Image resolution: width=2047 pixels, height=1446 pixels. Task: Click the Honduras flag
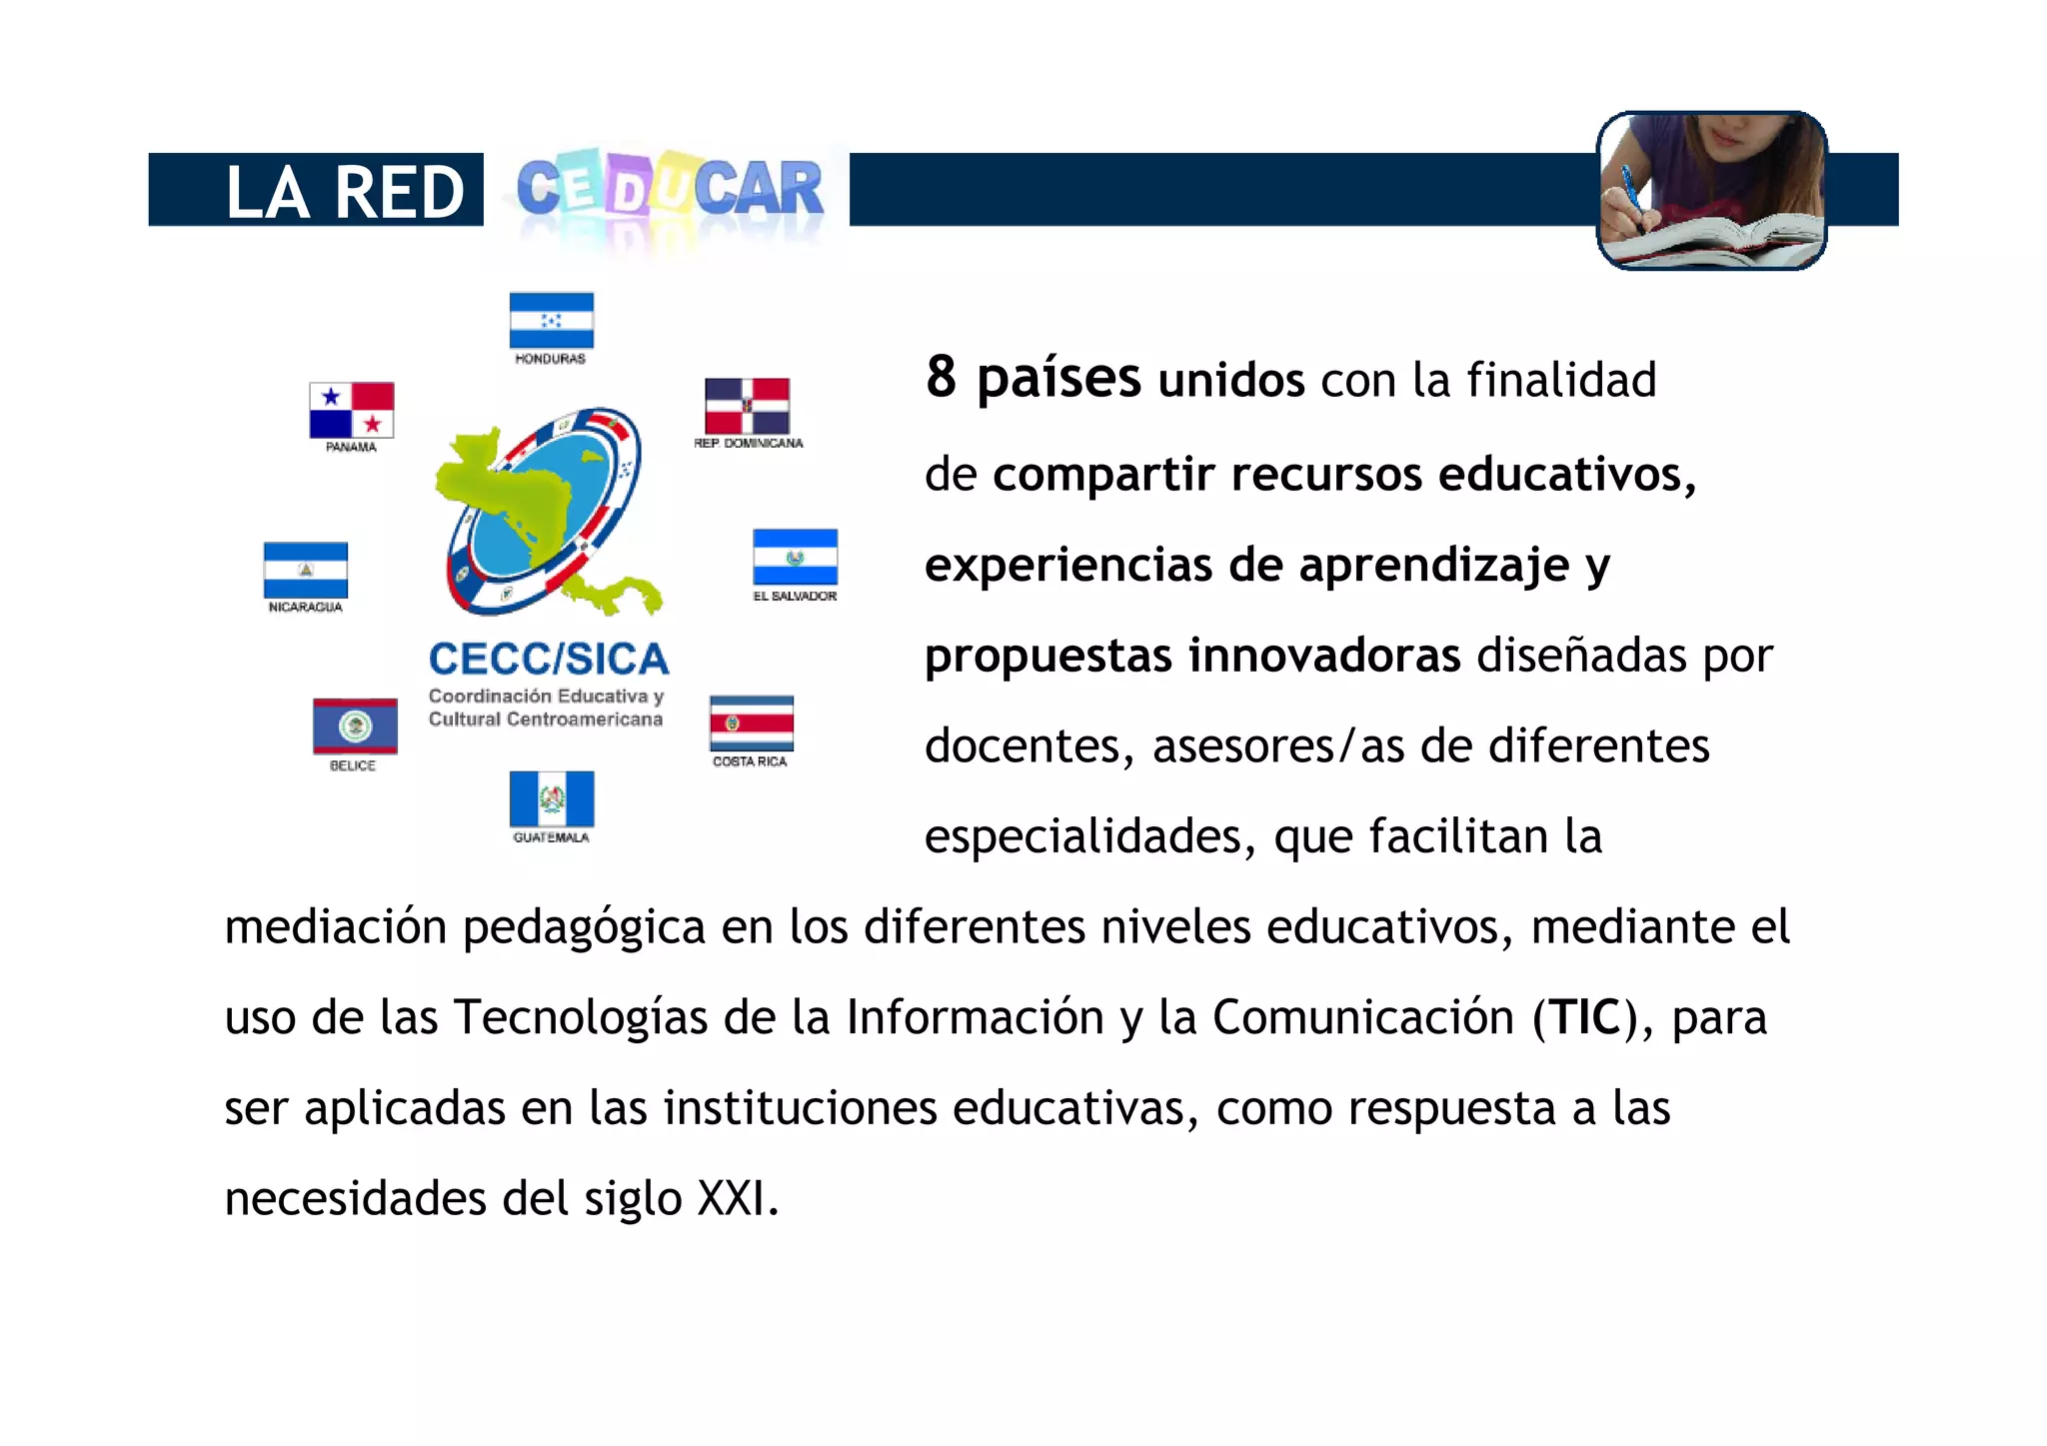pos(551,320)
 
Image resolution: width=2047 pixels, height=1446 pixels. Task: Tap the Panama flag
pos(351,410)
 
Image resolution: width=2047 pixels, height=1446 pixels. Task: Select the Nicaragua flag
pos(305,570)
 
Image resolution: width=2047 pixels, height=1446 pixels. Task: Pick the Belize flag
pos(355,725)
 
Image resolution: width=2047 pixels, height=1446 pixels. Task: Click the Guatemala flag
pos(551,798)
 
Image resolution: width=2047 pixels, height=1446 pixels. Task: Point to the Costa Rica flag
pos(751,723)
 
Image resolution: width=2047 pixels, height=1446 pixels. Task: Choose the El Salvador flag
pos(795,557)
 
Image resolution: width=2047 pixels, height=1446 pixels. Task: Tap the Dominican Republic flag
pos(747,406)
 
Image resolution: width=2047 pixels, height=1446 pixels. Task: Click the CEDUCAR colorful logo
pos(669,189)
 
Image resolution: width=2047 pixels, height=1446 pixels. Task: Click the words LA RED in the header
pos(345,191)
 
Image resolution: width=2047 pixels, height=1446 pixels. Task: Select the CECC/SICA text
pos(549,660)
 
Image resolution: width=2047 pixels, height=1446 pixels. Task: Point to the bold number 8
pos(941,378)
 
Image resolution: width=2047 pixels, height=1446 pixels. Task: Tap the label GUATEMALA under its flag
pos(551,837)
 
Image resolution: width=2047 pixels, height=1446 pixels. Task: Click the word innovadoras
pos(1324,657)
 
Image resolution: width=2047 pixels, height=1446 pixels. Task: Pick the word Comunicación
pos(1363,1017)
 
